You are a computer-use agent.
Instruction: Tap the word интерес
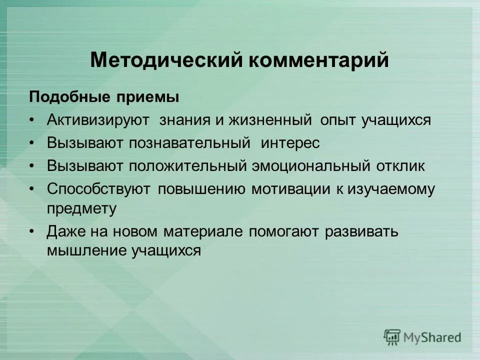click(290, 143)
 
